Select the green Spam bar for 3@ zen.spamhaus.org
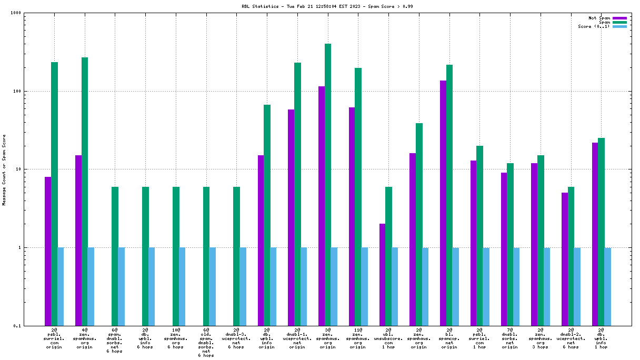click(328, 185)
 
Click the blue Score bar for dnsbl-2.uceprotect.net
click(577, 286)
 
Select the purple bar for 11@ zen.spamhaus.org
click(352, 216)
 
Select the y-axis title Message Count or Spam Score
click(4, 169)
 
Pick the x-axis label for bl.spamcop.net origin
click(449, 338)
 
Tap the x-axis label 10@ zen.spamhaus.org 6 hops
click(176, 338)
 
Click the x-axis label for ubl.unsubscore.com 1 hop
click(388, 338)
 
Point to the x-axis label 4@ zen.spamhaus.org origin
click(84, 338)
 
